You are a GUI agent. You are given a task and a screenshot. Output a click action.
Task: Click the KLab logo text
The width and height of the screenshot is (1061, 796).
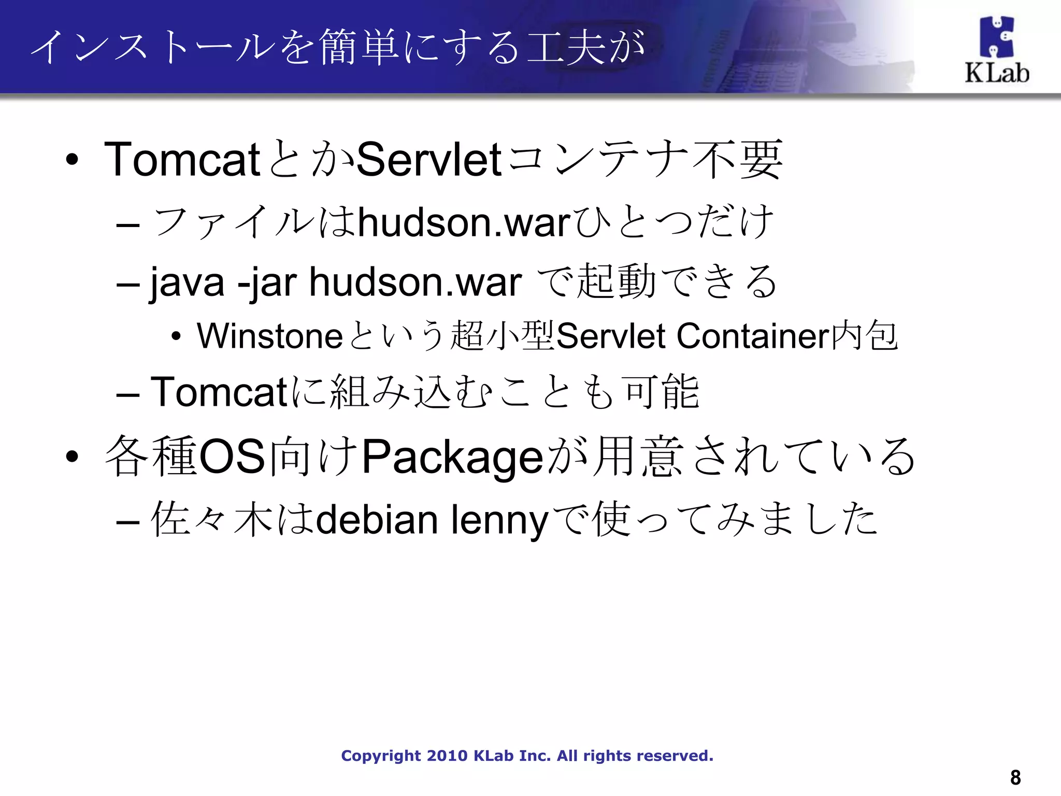coord(996,73)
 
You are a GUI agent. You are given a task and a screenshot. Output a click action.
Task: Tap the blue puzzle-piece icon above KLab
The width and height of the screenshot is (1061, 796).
coord(996,36)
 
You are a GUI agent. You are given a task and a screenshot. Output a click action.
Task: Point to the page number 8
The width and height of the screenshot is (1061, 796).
coord(1015,777)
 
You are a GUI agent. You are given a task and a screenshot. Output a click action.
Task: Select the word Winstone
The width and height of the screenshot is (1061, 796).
coord(269,336)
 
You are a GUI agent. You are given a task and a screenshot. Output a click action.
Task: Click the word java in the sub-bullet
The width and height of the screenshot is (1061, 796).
coord(187,283)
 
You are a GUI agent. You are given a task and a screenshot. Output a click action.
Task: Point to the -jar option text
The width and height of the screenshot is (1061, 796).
coord(266,283)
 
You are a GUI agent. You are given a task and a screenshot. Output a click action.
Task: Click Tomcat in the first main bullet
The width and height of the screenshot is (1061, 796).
coord(182,159)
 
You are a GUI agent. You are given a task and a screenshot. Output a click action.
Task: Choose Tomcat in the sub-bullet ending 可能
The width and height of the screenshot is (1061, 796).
coord(218,392)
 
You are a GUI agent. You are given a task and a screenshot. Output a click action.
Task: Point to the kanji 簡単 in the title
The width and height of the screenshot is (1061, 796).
coord(360,48)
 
